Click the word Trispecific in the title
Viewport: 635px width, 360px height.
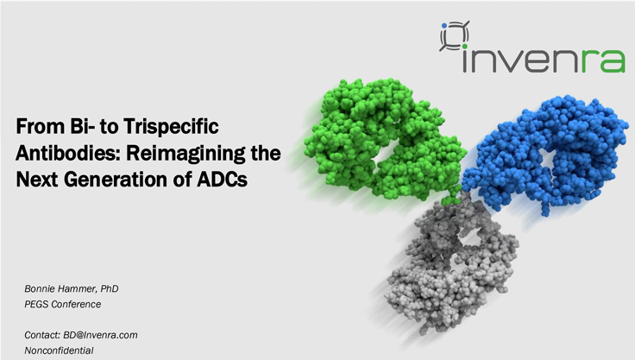coord(171,127)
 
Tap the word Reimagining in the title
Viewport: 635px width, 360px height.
coord(181,154)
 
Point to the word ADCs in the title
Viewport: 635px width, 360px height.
coord(222,180)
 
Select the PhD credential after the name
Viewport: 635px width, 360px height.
coord(110,288)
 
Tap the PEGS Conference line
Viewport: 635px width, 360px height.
coord(63,304)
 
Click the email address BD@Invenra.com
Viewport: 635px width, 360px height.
coord(100,335)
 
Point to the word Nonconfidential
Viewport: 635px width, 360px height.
coord(60,351)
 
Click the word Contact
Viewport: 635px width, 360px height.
coord(42,335)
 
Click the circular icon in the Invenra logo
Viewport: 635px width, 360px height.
coord(455,35)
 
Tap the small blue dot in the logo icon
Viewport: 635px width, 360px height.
coord(444,26)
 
